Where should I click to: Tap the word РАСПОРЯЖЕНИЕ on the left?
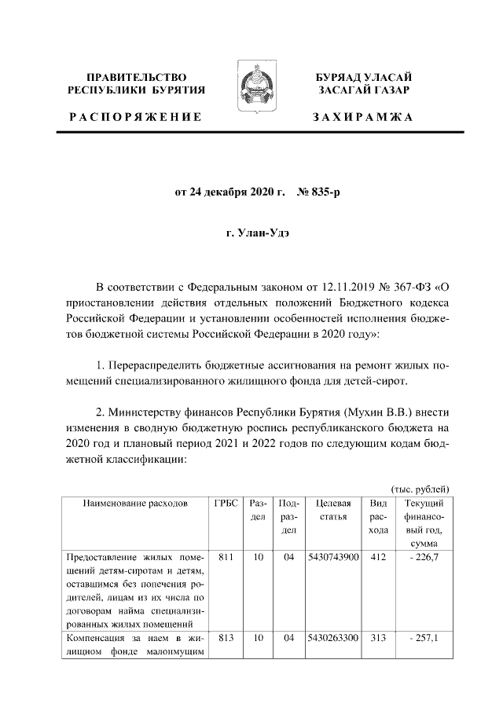pyautogui.click(x=134, y=116)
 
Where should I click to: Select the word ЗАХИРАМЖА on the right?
pyautogui.click(x=362, y=116)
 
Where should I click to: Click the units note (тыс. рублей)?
pyautogui.click(x=419, y=488)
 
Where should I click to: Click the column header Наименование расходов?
pyautogui.click(x=135, y=503)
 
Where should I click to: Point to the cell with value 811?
pyautogui.click(x=226, y=557)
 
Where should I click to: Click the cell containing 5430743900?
pyautogui.click(x=332, y=557)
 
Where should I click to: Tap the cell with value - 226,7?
pyautogui.click(x=424, y=557)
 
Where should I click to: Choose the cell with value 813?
pyautogui.click(x=226, y=638)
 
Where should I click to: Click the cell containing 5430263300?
pyautogui.click(x=332, y=638)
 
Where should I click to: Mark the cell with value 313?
pyautogui.click(x=378, y=638)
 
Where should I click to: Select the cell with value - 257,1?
pyautogui.click(x=424, y=638)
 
